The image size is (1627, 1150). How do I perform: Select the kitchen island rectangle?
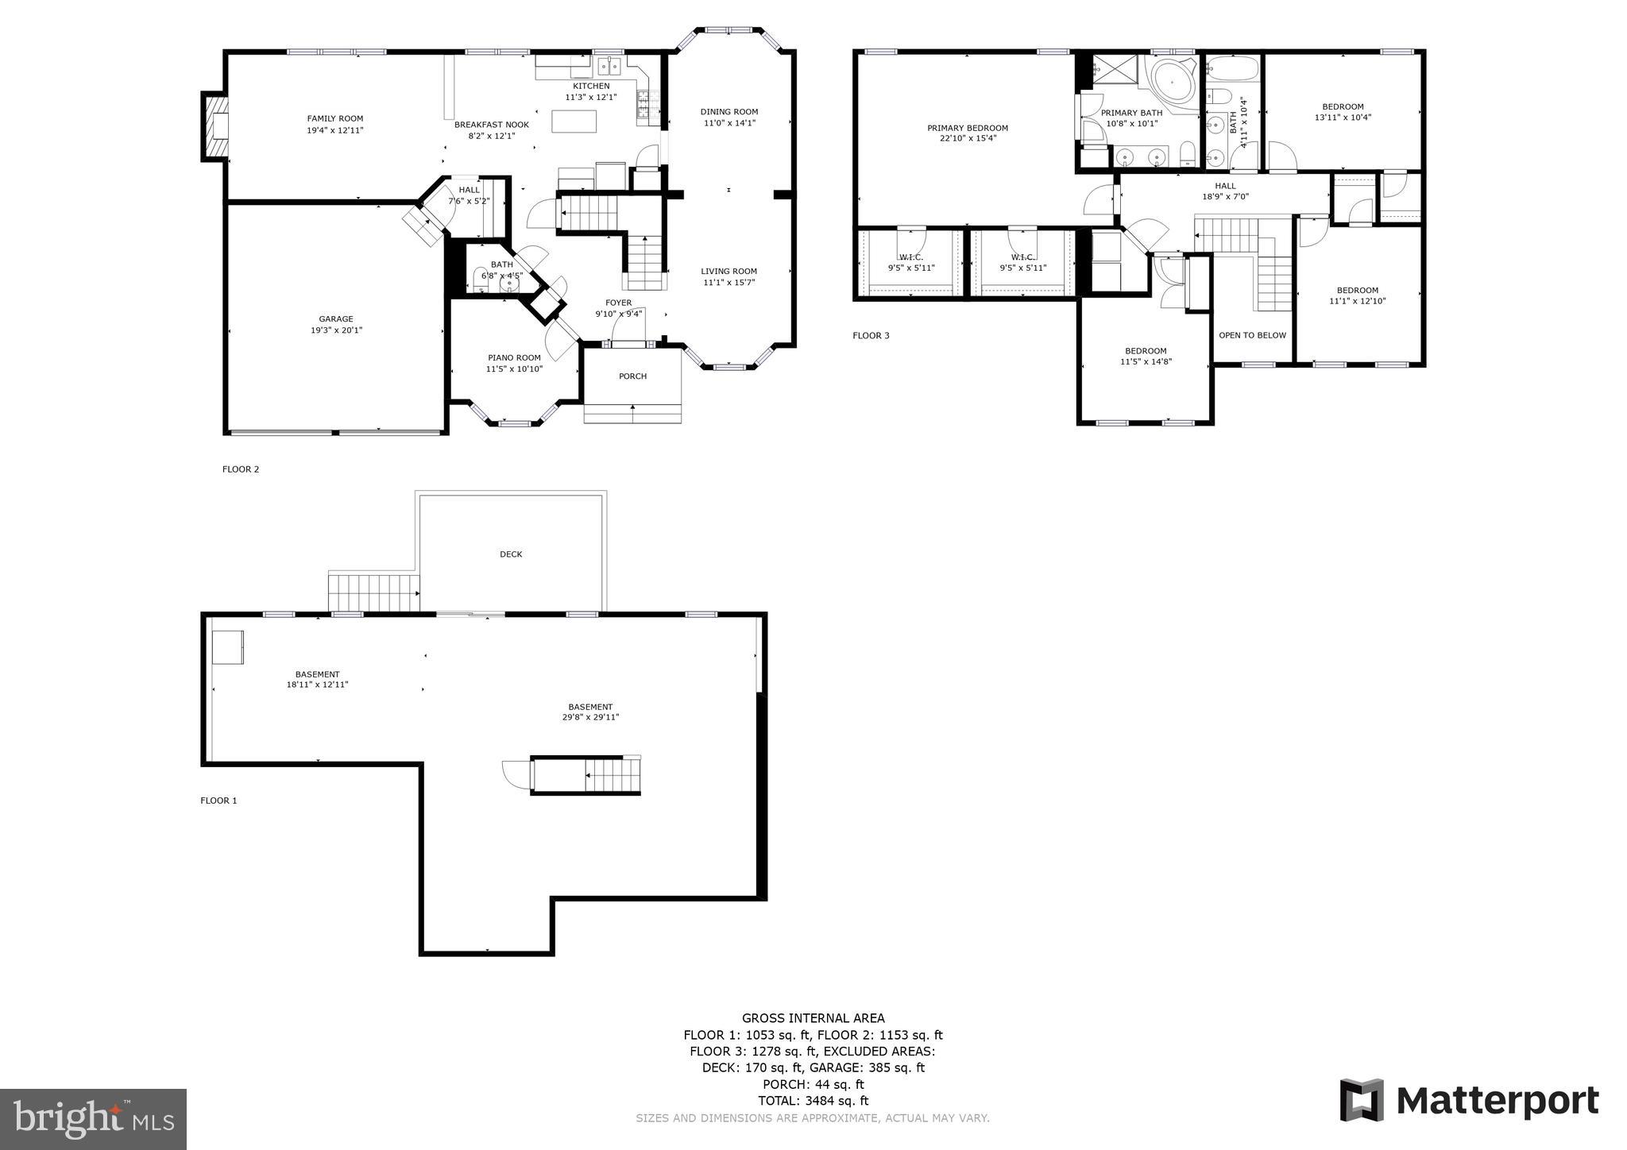(x=574, y=121)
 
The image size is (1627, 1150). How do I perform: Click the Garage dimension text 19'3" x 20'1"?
(x=336, y=330)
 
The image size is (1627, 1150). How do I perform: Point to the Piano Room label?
(x=514, y=357)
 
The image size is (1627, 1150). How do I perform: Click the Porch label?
(x=632, y=376)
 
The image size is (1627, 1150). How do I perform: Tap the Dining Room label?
(x=728, y=112)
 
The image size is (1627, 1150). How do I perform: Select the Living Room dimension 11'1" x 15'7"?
(x=728, y=282)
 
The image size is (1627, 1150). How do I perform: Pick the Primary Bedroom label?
(x=967, y=128)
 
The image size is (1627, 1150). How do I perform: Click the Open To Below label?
(x=1252, y=335)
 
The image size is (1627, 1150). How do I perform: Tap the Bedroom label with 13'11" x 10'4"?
(x=1343, y=106)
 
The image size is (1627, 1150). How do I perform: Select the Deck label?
(x=511, y=554)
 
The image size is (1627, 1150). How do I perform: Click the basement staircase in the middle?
(x=612, y=775)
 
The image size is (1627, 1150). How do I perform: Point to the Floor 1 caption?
(x=218, y=801)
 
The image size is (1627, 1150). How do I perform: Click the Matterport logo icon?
(x=1362, y=1100)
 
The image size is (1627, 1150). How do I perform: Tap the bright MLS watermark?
(x=93, y=1119)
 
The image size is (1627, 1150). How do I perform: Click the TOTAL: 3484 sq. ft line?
(x=813, y=1101)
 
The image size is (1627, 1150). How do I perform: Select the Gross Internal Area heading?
(x=813, y=1018)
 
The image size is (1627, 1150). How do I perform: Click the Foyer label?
(x=618, y=303)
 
